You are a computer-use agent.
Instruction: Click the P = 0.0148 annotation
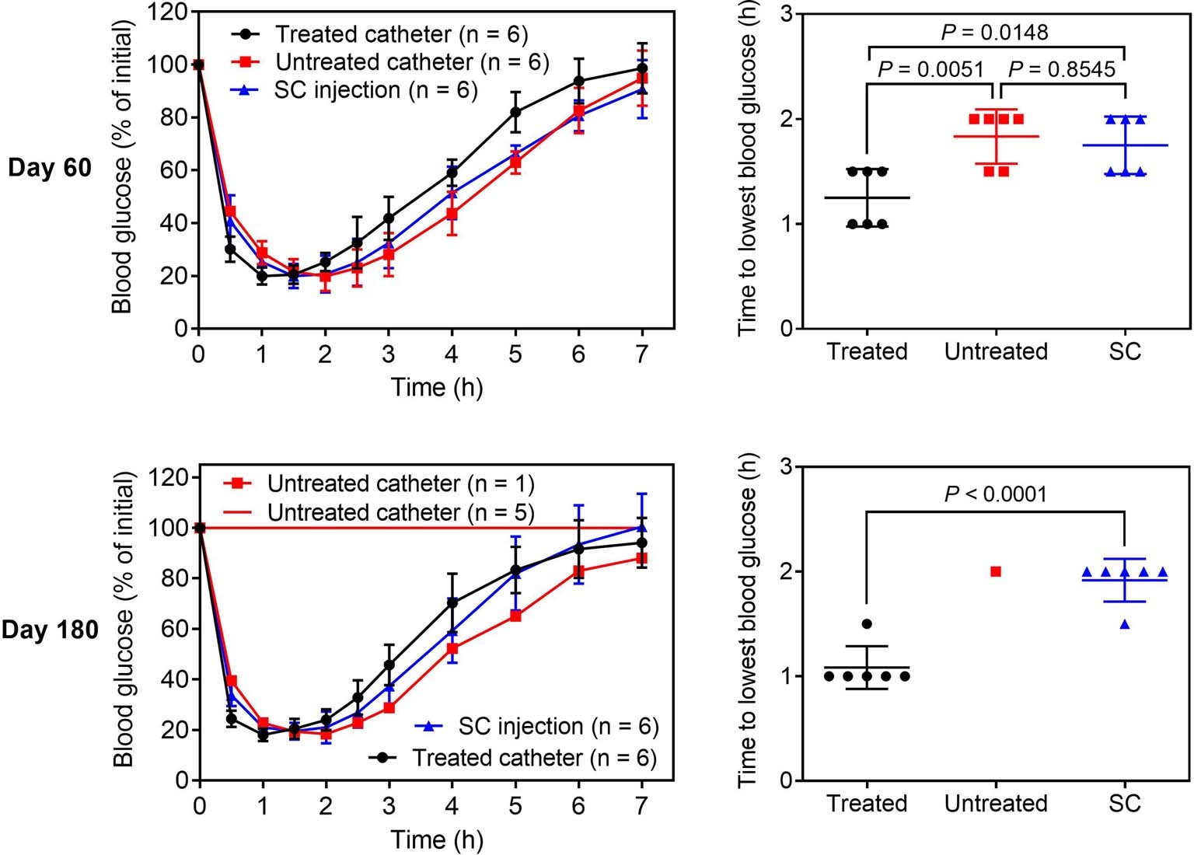994,32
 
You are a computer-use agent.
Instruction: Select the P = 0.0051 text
930,69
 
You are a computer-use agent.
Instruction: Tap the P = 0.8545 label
1062,69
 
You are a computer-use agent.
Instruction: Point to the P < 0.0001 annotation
995,494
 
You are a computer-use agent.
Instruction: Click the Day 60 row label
50,168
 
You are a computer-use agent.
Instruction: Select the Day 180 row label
50,630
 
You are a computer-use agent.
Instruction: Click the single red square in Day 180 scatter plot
996,572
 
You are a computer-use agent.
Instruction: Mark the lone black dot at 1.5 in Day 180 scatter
867,624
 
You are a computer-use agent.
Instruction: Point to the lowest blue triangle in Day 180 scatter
1125,624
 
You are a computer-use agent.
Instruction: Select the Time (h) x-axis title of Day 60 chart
436,387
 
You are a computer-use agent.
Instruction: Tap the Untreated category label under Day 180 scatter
996,803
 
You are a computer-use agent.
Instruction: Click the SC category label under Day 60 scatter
1125,351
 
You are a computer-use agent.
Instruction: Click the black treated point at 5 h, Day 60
515,112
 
